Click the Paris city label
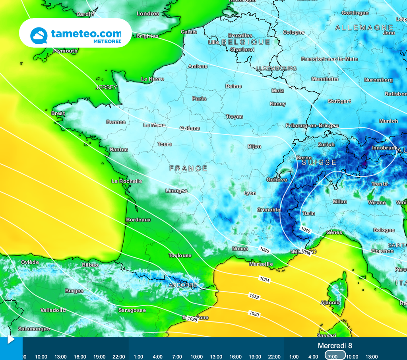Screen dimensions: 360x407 point(199,99)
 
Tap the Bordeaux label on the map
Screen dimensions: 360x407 point(138,220)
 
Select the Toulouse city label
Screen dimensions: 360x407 point(180,255)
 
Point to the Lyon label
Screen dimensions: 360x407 point(250,193)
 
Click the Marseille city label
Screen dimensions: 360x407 point(261,264)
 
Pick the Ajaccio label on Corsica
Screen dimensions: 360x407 point(330,303)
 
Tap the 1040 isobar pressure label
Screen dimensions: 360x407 point(306,230)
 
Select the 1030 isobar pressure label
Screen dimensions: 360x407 point(254,314)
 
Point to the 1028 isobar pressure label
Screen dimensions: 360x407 point(192,319)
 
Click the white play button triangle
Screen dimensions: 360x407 point(11,340)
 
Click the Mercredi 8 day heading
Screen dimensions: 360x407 point(335,346)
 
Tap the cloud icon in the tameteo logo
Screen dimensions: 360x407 point(39,35)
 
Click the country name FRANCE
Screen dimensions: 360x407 point(188,169)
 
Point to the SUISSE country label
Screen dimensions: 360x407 point(319,163)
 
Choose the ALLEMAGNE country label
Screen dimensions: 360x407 point(364,28)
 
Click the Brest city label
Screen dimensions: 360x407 point(58,113)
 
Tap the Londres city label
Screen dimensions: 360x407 point(148,14)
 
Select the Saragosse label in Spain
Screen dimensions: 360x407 point(132,310)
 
